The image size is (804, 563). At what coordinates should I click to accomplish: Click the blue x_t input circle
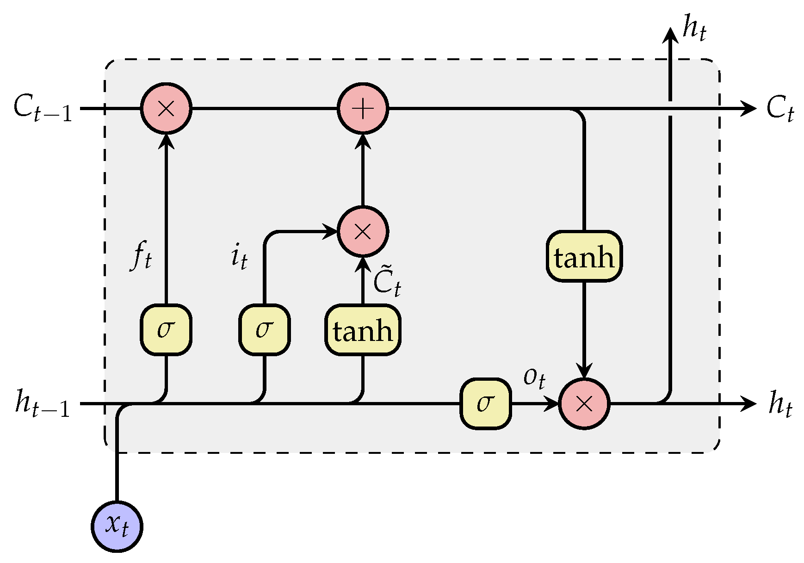pos(117,526)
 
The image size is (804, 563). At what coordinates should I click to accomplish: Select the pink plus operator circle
pos(363,109)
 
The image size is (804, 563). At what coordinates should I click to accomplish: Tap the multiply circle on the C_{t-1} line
pos(166,109)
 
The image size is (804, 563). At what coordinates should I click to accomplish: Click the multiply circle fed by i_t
pos(363,231)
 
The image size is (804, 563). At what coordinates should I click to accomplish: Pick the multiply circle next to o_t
pos(584,404)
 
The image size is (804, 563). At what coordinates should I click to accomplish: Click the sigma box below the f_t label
pos(166,329)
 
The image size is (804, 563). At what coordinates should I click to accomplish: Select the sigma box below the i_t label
pos(264,329)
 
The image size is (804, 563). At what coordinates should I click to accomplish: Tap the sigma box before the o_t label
pos(485,403)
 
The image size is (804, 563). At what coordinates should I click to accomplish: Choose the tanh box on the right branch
pos(584,256)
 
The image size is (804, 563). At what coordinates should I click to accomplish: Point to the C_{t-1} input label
pos(43,109)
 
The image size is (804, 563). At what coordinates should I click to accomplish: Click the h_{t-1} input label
pos(43,404)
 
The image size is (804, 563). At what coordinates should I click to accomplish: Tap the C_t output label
pos(779,109)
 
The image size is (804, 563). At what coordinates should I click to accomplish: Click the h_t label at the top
pos(694,29)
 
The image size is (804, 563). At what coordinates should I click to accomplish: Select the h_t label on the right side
pos(780,404)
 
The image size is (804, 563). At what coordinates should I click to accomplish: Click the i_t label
pos(239,256)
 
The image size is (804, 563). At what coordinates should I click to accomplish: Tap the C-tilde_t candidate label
pos(387,280)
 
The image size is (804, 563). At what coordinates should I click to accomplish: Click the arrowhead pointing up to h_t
pos(669,35)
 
